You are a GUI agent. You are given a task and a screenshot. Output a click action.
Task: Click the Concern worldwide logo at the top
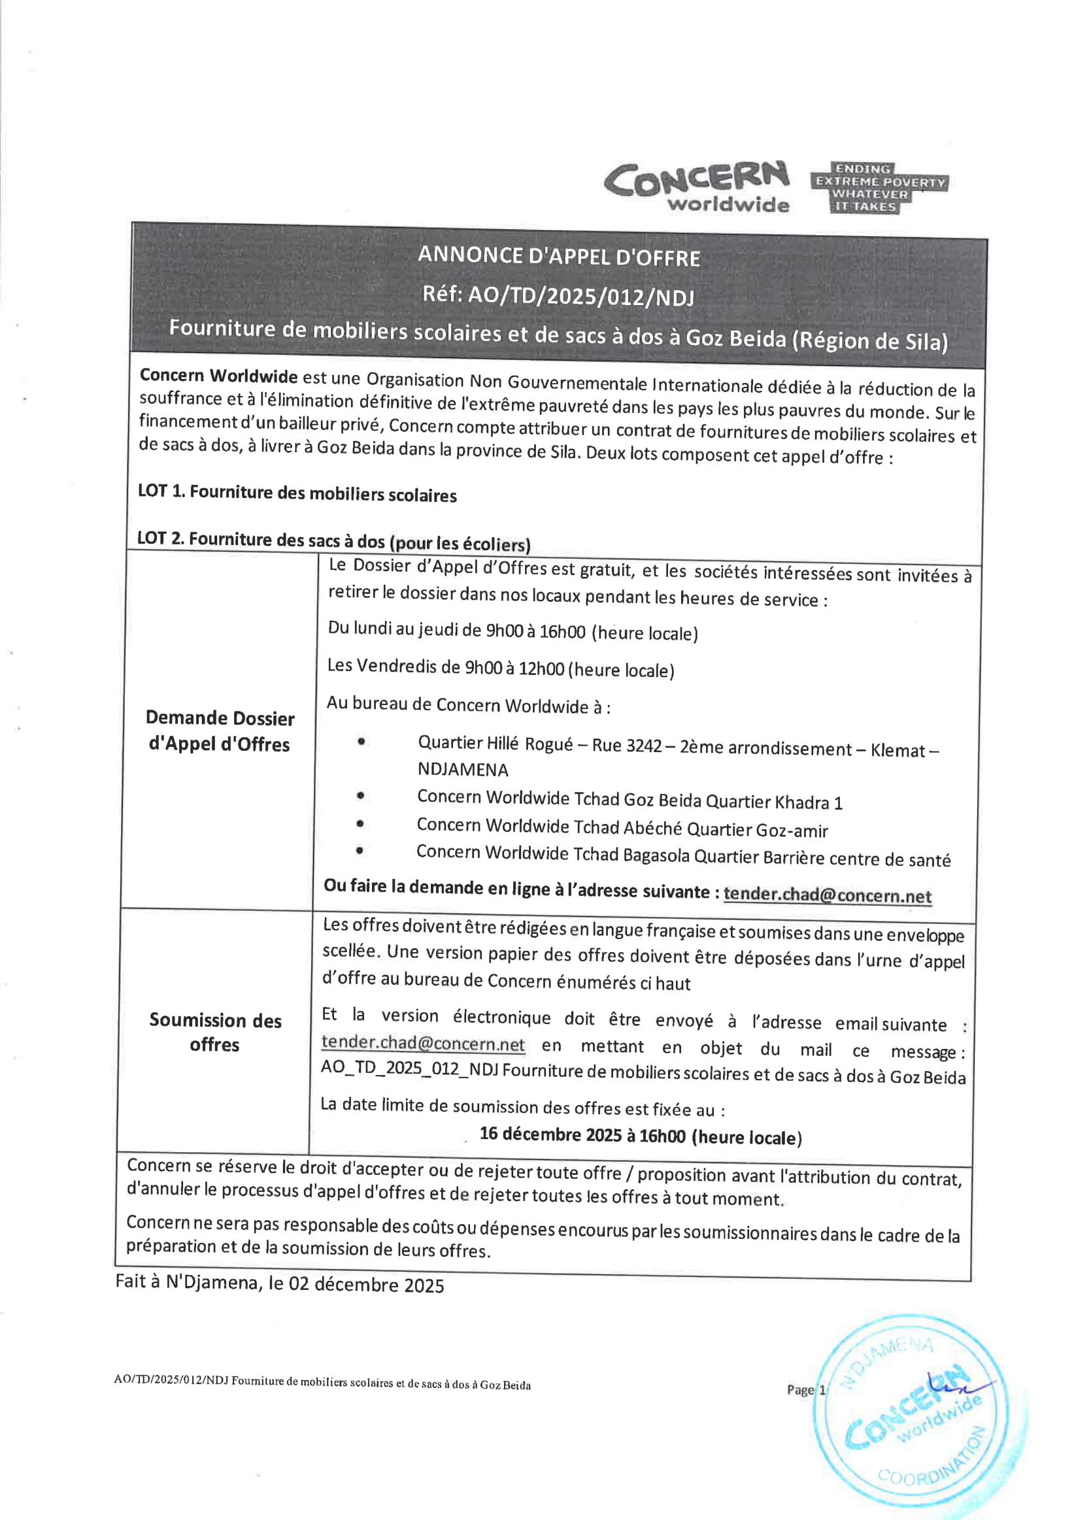(697, 187)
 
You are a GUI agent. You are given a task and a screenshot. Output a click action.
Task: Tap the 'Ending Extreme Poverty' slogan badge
(879, 188)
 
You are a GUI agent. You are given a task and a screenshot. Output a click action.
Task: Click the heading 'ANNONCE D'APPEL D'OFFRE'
(559, 257)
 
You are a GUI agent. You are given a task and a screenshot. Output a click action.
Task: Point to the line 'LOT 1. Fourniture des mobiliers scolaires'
(297, 493)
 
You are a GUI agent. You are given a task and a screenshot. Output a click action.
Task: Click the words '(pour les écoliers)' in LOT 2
(460, 544)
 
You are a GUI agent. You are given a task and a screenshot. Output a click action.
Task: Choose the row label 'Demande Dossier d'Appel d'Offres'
(219, 731)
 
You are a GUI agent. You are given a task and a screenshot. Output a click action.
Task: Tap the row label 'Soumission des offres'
(214, 1032)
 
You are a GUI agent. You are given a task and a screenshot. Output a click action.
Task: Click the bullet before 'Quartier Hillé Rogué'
(361, 742)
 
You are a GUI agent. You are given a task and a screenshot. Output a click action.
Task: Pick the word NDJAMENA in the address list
(463, 770)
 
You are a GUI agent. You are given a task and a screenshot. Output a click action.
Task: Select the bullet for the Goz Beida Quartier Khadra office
(360, 796)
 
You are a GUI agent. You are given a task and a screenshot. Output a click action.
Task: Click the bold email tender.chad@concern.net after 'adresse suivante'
(827, 895)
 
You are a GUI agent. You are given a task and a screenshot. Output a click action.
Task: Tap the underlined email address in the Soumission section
(423, 1044)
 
